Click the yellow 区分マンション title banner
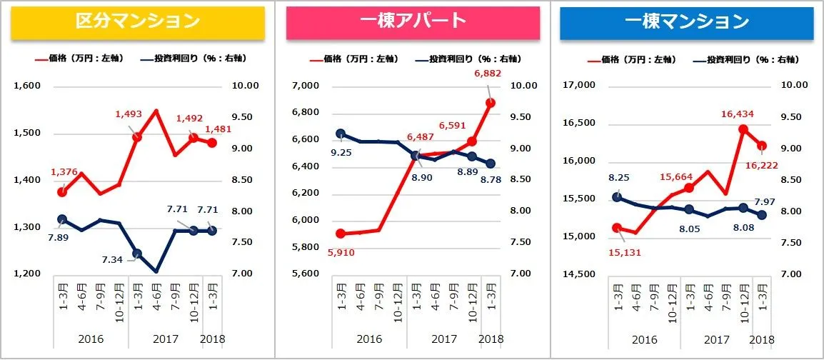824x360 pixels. [x=138, y=21]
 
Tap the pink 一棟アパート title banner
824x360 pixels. [x=413, y=21]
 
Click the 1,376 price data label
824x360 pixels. [x=64, y=172]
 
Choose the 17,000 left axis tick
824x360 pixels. [x=579, y=86]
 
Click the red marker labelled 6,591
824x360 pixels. [x=471, y=141]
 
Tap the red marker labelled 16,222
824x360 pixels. [x=761, y=145]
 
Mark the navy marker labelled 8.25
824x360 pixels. [x=617, y=197]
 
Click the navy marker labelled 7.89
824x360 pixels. [x=62, y=219]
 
